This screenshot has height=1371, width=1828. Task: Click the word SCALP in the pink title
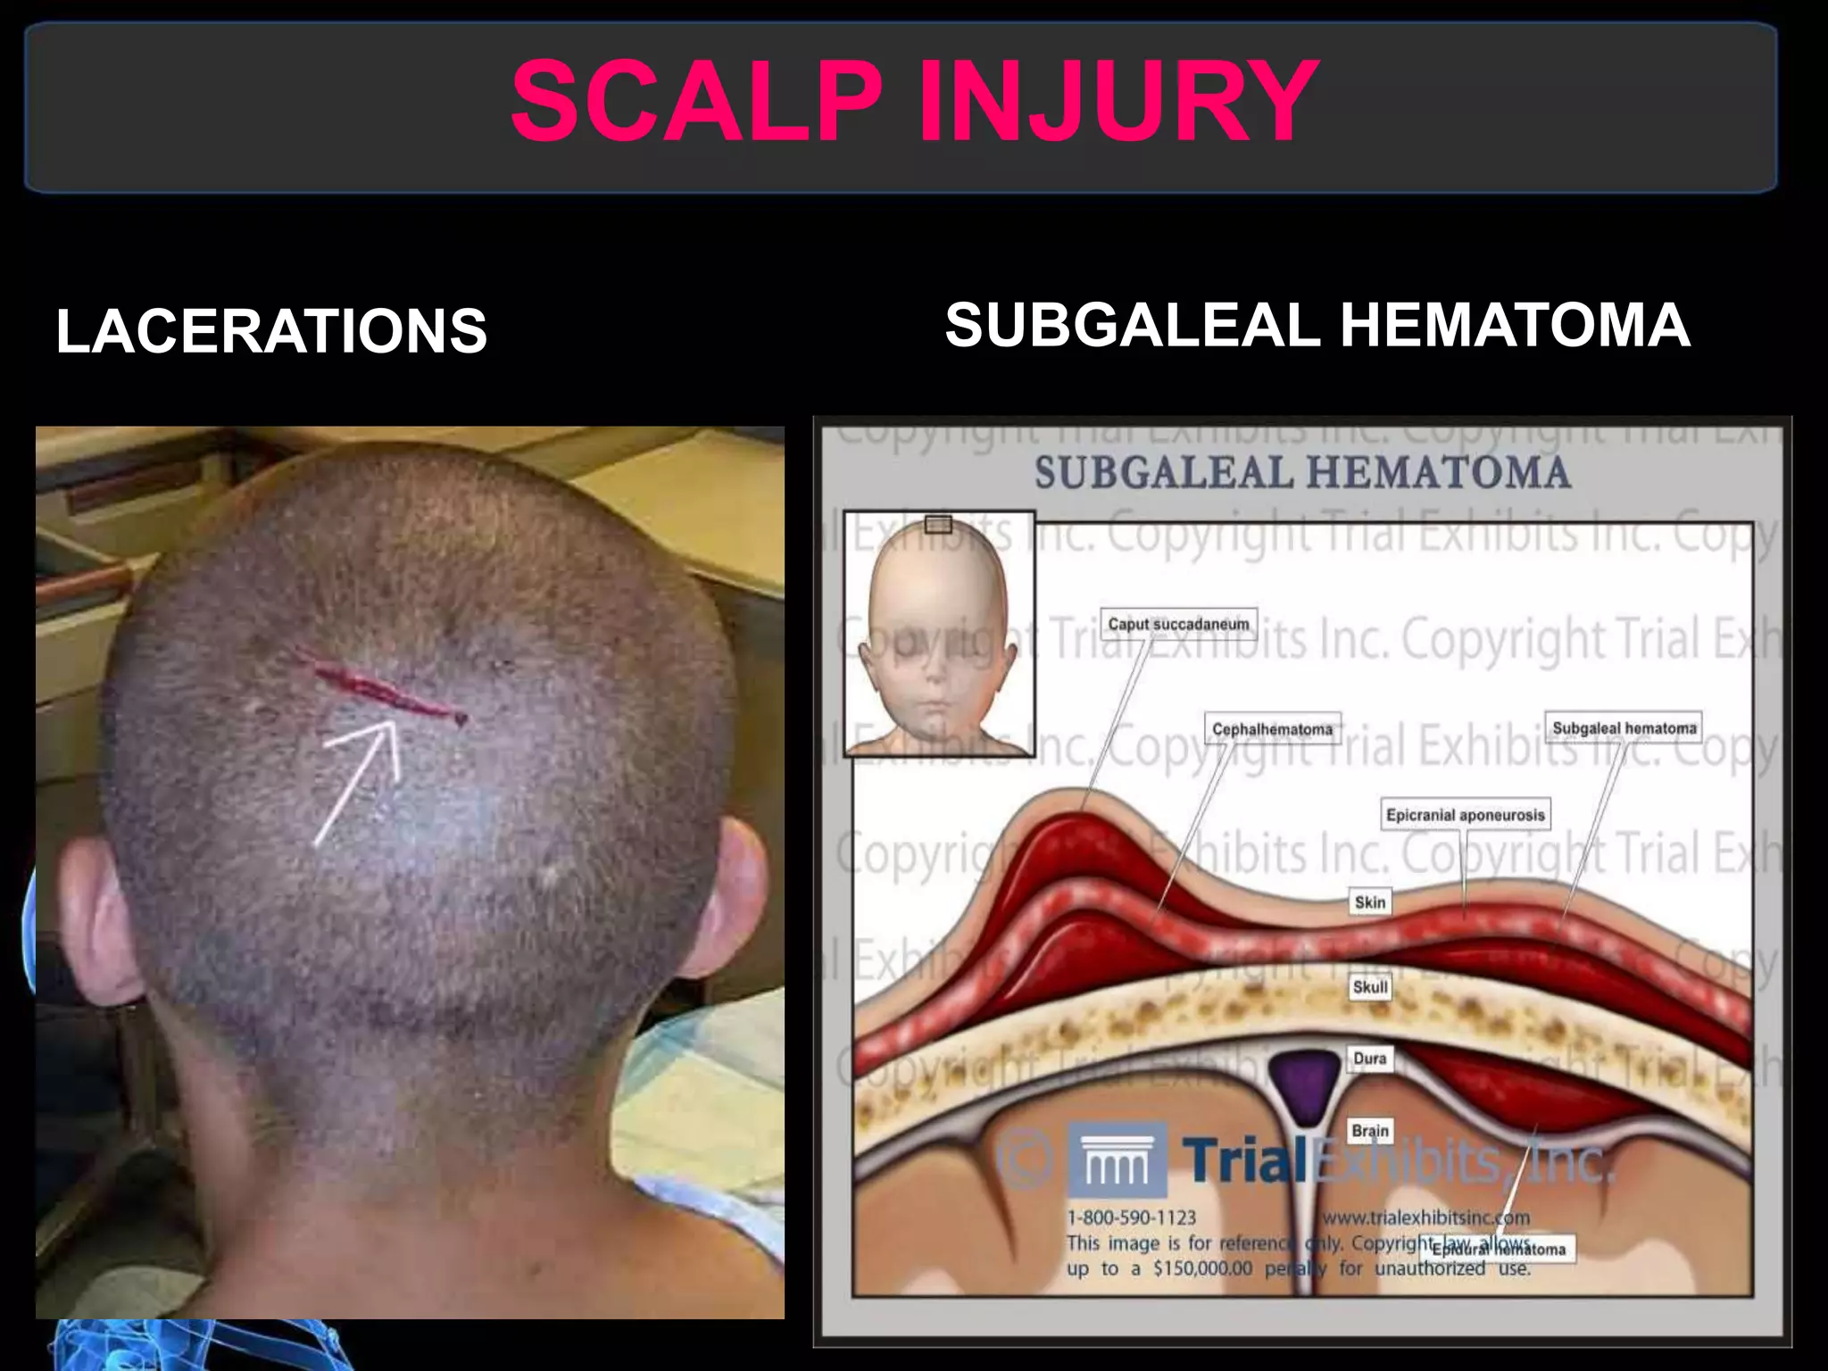pyautogui.click(x=696, y=100)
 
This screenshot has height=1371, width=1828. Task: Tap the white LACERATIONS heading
pyautogui.click(x=271, y=331)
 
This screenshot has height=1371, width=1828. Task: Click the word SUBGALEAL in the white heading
pyautogui.click(x=1132, y=325)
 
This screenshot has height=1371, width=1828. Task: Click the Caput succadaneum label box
pyautogui.click(x=1178, y=623)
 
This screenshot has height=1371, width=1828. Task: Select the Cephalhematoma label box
pyautogui.click(x=1272, y=728)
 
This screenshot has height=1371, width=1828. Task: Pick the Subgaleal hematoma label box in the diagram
pyautogui.click(x=1624, y=727)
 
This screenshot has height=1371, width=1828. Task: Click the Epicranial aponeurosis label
pyautogui.click(x=1465, y=814)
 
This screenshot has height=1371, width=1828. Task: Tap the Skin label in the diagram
pyautogui.click(x=1370, y=902)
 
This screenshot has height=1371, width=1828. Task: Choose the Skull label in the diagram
pyautogui.click(x=1370, y=986)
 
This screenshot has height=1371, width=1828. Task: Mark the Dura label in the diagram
pyautogui.click(x=1370, y=1058)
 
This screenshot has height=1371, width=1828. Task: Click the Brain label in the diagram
pyautogui.click(x=1370, y=1131)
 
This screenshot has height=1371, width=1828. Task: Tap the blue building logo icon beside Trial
pyautogui.click(x=1117, y=1160)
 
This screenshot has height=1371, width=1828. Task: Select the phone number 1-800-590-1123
pyautogui.click(x=1131, y=1217)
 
